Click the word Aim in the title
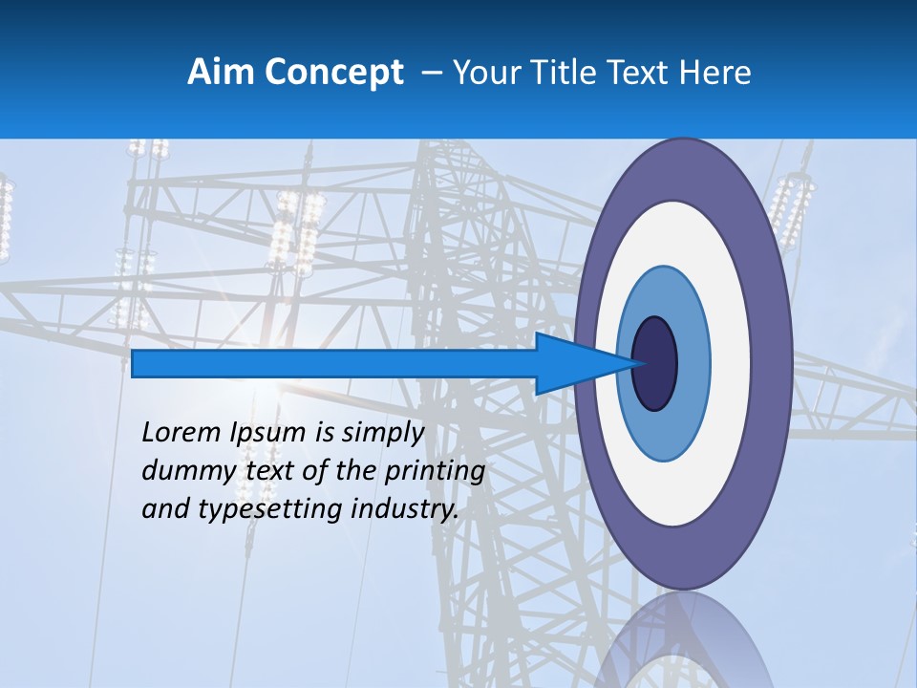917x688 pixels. point(221,73)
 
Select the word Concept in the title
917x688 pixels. point(333,73)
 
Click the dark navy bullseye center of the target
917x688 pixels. point(655,364)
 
